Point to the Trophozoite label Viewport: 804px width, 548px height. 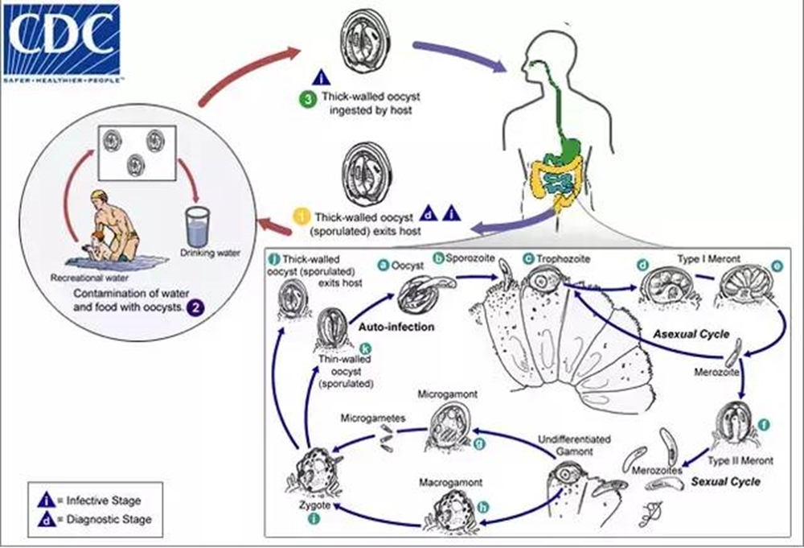click(568, 260)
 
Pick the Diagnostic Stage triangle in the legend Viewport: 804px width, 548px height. click(42, 519)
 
